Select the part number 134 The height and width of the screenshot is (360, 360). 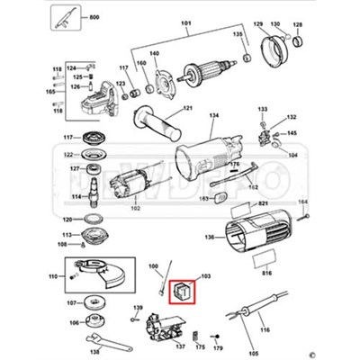tap(213, 117)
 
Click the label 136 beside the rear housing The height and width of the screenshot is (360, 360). tap(209, 238)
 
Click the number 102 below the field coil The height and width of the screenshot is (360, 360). tap(136, 209)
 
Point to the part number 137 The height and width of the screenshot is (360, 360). tap(179, 346)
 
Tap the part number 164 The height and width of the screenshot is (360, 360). tap(302, 202)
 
